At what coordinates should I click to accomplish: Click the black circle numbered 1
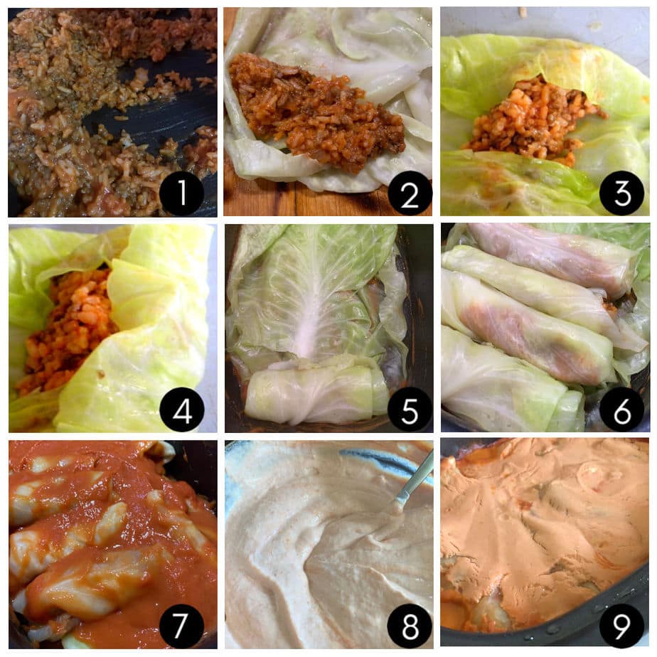coord(181,193)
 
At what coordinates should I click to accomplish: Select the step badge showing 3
coord(621,193)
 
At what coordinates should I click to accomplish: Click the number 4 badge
coord(181,410)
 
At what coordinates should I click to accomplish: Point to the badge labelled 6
coord(621,410)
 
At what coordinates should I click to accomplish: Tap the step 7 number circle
coord(181,625)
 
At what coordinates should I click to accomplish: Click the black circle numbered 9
coord(621,625)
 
